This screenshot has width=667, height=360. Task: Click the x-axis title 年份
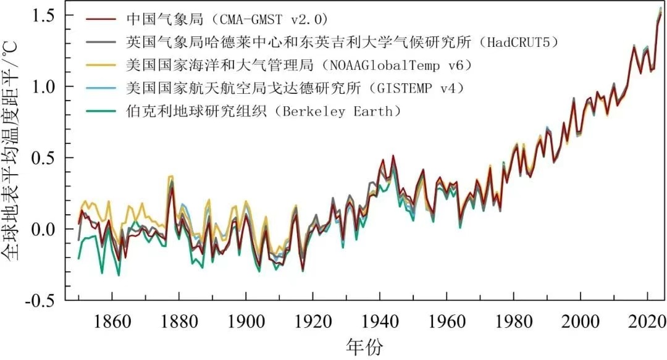tap(366, 347)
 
